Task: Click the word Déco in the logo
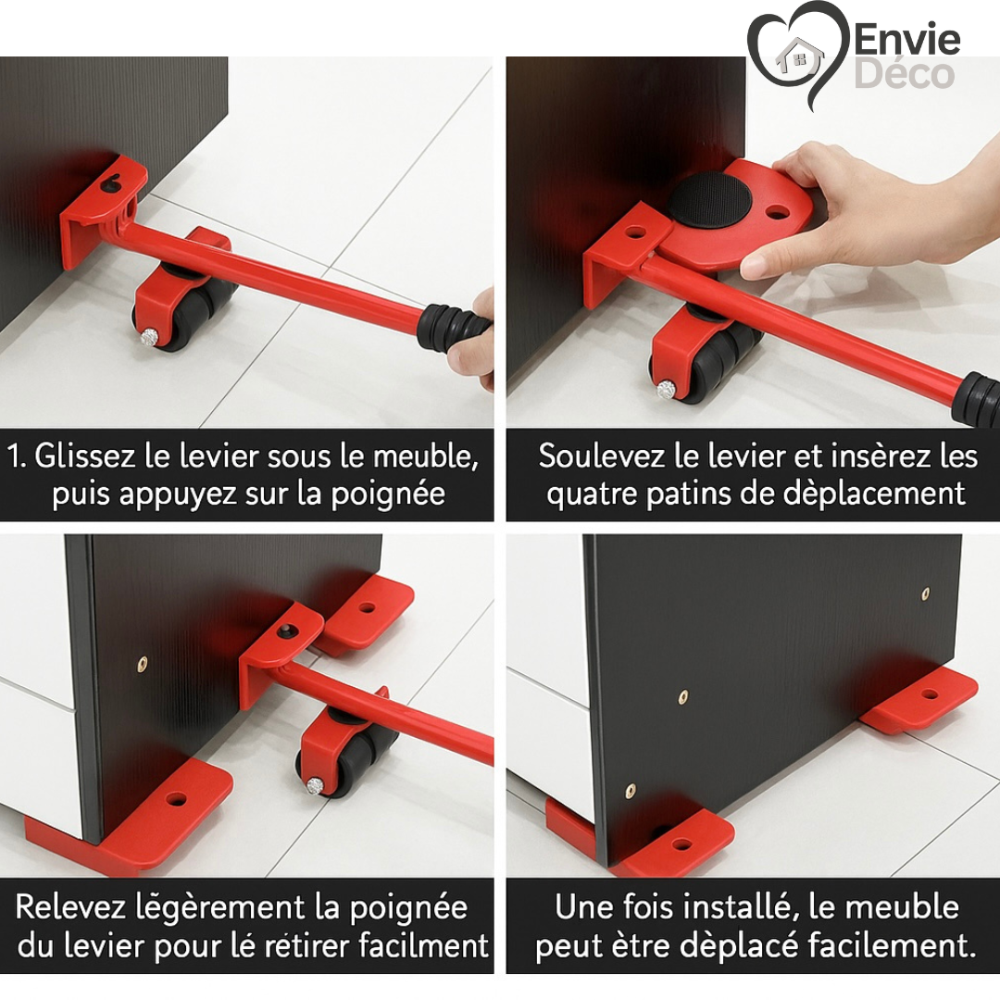tap(904, 75)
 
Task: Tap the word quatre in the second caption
tap(589, 494)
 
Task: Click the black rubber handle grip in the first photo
tap(450, 329)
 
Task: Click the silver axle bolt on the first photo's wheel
tap(148, 338)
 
